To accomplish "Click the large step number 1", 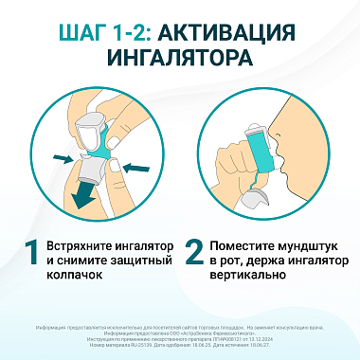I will coord(32,255).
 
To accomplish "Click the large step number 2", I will coord(194,255).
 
